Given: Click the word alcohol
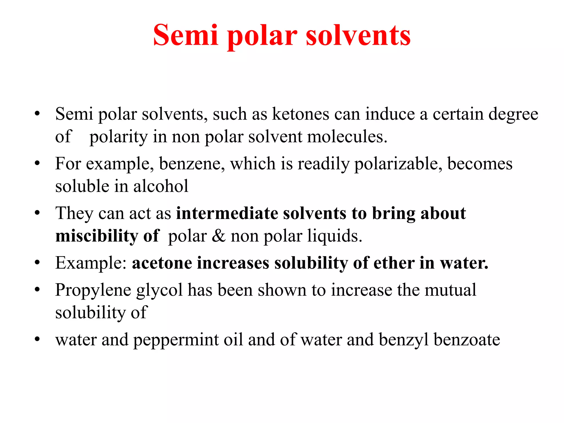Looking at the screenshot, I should coord(161,186).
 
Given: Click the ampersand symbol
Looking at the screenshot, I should coord(218,236).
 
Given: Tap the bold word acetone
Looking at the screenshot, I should coord(162,263).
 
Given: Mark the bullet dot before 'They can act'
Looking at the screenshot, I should coord(37,213).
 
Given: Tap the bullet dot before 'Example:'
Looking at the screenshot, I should coord(37,263).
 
